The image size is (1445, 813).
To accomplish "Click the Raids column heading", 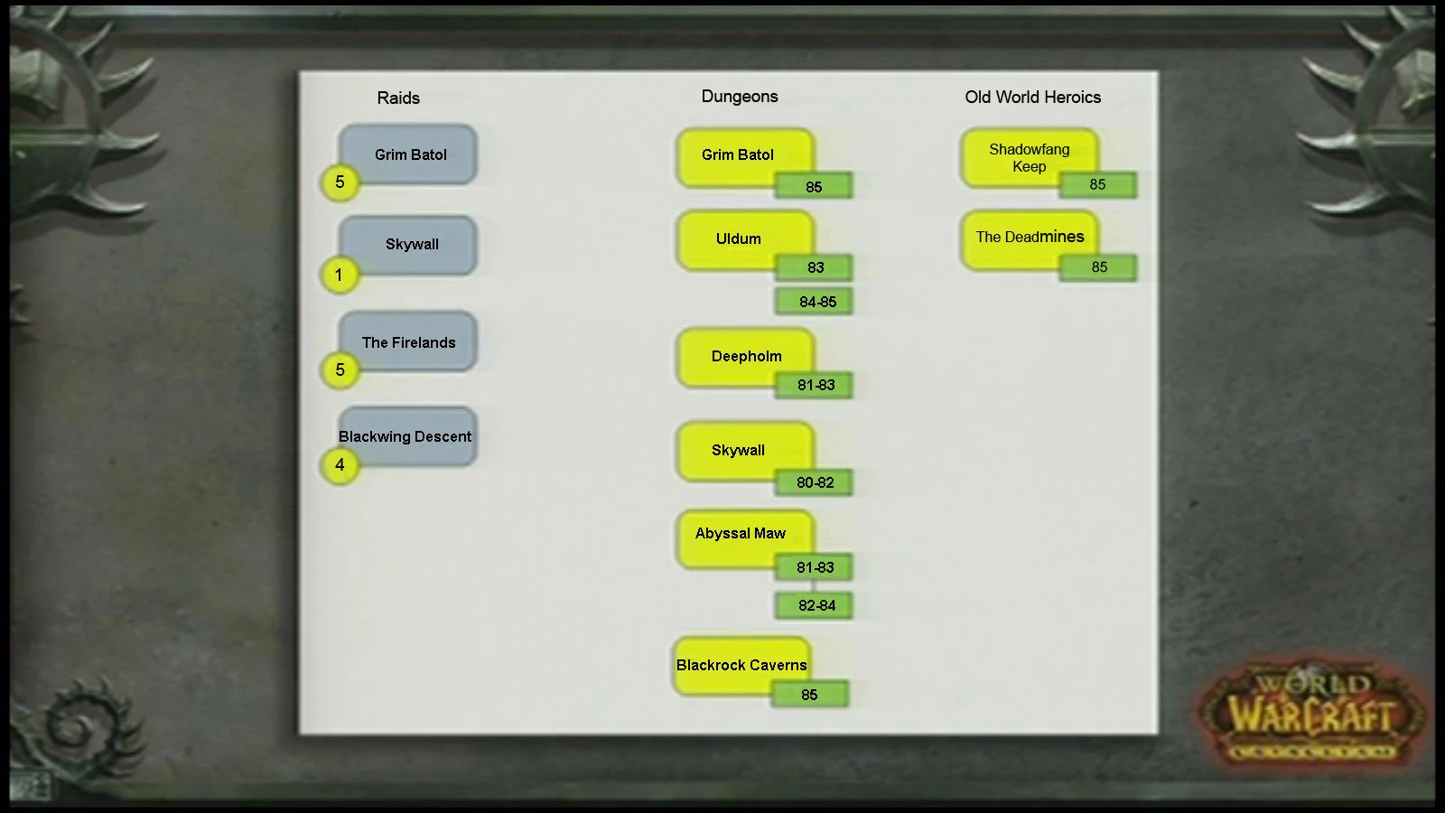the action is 398,98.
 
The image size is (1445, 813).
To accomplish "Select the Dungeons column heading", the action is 740,97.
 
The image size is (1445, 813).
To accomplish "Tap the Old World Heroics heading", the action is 1032,97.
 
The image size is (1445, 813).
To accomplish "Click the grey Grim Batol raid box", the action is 411,154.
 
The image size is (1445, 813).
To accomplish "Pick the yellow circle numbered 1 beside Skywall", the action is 339,275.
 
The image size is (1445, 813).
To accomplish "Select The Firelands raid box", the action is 408,341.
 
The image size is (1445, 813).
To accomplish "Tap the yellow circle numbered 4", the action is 340,465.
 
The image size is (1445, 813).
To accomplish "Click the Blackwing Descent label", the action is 406,436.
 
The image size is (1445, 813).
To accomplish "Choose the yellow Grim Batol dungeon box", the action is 738,154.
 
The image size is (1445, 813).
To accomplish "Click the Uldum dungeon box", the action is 739,238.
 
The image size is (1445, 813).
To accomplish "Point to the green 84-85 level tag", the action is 816,302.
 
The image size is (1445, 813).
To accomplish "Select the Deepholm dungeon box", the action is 746,356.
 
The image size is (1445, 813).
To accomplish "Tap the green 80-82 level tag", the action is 815,482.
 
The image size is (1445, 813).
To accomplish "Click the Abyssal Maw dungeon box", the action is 741,533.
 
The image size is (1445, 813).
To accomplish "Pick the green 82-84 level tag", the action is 816,605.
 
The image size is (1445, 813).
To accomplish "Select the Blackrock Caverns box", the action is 741,665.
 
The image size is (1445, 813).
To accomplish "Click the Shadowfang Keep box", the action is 1029,157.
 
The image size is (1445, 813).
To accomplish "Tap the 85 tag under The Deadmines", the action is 1098,267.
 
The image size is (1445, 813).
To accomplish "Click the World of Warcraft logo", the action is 1311,714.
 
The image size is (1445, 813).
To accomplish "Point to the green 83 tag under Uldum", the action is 816,267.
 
